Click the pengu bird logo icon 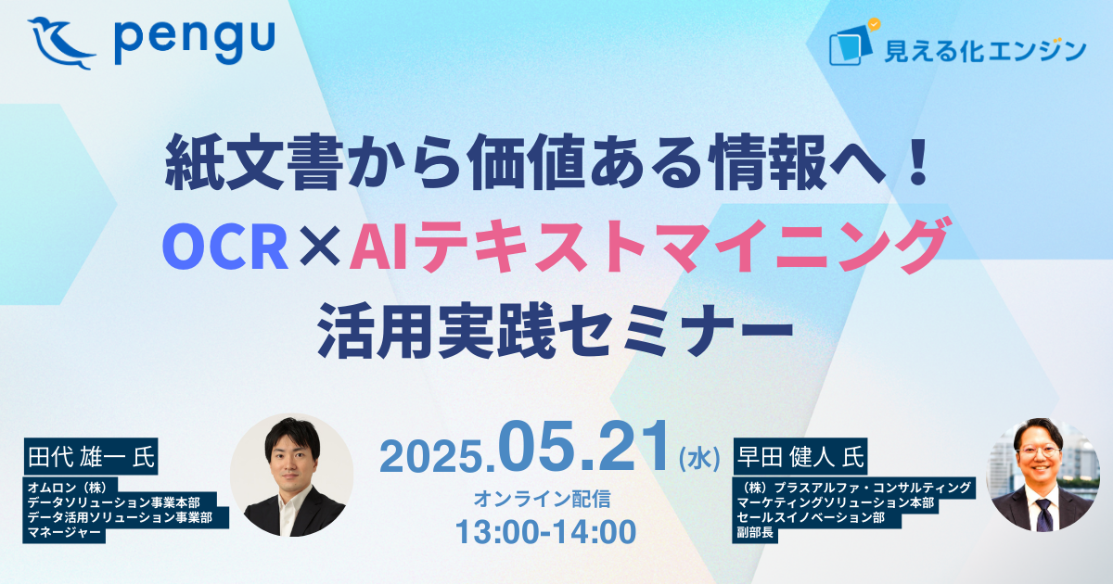click(x=60, y=44)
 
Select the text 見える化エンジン click(x=985, y=51)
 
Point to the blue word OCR click(x=225, y=247)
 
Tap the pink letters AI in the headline click(x=379, y=247)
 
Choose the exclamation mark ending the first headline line click(x=915, y=162)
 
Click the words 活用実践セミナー click(x=555, y=330)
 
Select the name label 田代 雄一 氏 click(x=91, y=457)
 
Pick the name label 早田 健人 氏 click(x=800, y=457)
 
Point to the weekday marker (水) click(x=699, y=458)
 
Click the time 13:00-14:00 click(x=545, y=532)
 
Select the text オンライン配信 click(x=542, y=499)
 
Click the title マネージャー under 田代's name click(x=64, y=533)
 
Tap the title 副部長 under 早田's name click(x=755, y=532)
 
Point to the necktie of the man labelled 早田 click(x=1044, y=515)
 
